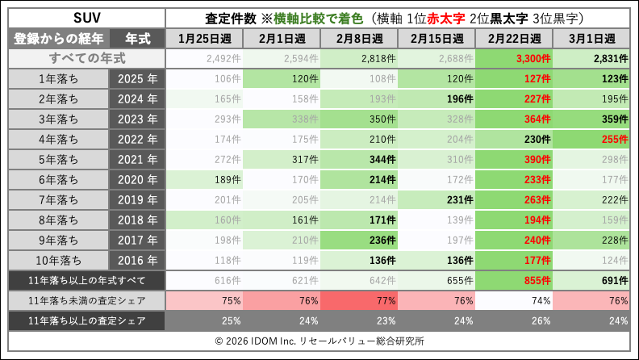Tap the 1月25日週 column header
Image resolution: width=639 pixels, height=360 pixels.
coord(204,39)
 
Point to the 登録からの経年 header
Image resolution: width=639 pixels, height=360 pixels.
coord(58,39)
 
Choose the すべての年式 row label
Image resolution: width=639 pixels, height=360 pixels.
coord(86,58)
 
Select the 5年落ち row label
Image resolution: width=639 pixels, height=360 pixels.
coord(58,159)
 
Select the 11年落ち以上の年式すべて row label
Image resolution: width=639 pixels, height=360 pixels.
coord(86,280)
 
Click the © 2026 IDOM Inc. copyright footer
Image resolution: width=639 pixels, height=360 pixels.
coord(319,341)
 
